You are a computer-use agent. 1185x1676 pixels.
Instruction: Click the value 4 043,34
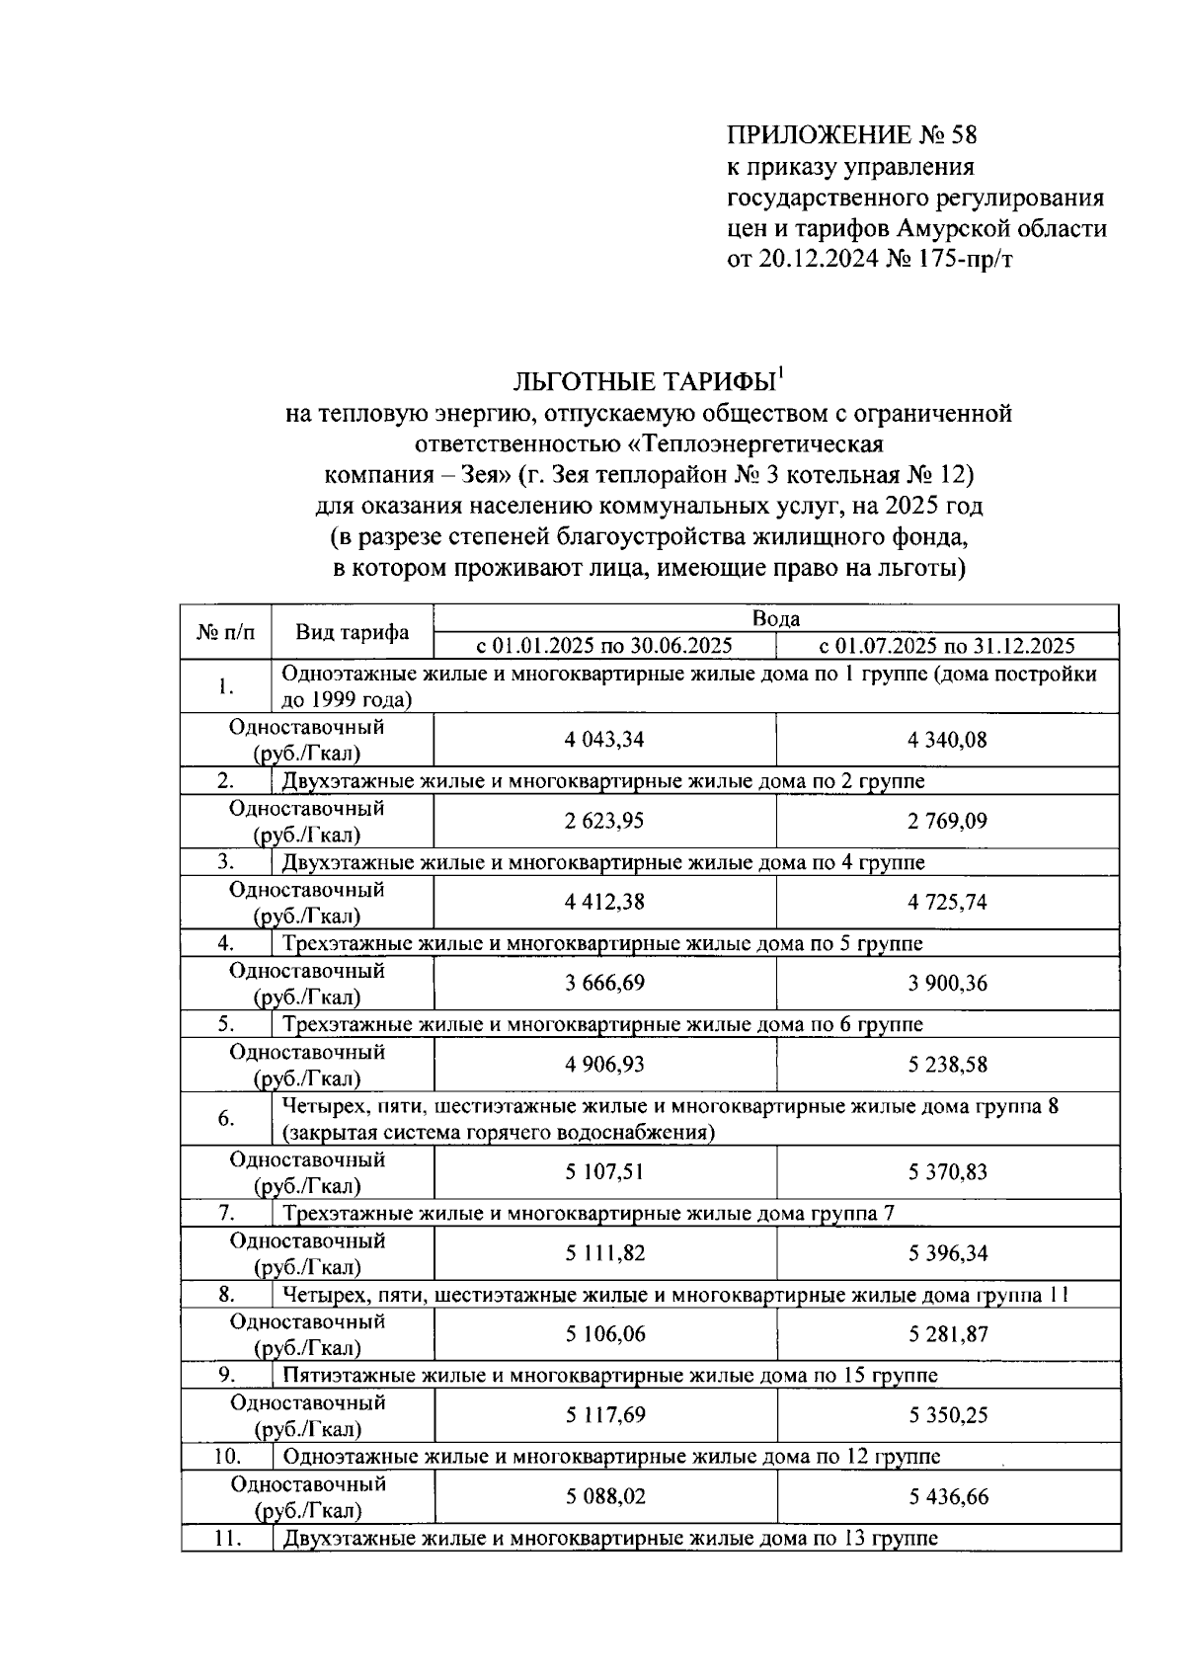[604, 740]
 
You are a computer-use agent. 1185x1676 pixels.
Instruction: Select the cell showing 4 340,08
[947, 740]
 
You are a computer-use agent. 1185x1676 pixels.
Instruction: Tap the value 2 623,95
[604, 821]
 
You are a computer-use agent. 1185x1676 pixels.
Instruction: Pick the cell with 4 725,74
[947, 902]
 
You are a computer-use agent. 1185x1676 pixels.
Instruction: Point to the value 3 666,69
[604, 983]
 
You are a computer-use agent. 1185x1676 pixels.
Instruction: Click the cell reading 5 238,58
[947, 1065]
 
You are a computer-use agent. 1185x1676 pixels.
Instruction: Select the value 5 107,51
[604, 1172]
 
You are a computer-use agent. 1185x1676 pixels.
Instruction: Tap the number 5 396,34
[947, 1253]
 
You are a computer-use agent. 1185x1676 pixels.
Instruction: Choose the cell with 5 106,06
[604, 1334]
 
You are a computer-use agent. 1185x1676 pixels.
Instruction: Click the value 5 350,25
[947, 1415]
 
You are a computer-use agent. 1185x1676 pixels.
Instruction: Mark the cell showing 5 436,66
[947, 1496]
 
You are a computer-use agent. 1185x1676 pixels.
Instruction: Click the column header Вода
[775, 619]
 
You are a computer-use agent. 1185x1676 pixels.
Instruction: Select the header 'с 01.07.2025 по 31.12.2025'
[947, 646]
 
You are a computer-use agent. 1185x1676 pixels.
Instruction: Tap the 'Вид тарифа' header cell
[353, 633]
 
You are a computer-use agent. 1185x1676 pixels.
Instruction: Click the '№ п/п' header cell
[226, 632]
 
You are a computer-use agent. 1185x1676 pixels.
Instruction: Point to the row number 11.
[227, 1538]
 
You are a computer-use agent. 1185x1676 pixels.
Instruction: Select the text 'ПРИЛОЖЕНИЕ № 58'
[851, 135]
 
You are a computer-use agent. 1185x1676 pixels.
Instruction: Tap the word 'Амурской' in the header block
[955, 229]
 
